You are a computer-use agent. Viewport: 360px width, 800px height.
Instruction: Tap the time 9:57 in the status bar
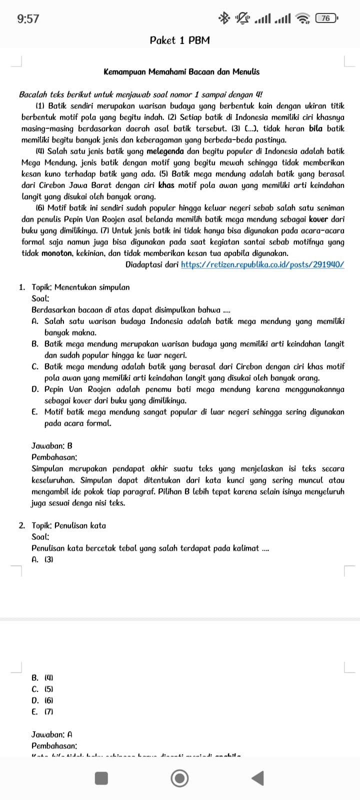click(x=28, y=19)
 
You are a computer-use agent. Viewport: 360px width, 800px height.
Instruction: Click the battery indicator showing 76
click(x=325, y=19)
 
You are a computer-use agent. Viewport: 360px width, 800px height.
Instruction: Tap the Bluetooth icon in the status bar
click(x=223, y=19)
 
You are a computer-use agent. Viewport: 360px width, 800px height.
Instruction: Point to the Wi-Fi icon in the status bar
click(x=302, y=19)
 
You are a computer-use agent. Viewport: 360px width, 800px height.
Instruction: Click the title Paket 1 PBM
click(x=180, y=40)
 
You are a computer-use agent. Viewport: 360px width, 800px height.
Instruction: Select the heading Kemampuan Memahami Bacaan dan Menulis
click(x=181, y=72)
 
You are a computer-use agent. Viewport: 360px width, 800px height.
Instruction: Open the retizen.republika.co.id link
click(x=262, y=264)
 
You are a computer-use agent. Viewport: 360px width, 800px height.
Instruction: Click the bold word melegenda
click(x=165, y=151)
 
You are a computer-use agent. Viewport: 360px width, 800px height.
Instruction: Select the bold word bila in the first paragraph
click(x=315, y=128)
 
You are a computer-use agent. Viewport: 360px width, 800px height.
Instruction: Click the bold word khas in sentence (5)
click(x=166, y=185)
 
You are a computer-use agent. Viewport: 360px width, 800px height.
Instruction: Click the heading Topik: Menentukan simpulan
click(x=80, y=287)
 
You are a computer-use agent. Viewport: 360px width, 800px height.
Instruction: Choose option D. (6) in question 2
click(x=42, y=700)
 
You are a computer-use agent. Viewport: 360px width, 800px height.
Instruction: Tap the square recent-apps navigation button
click(x=102, y=778)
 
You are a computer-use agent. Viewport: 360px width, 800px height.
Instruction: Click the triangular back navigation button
click(x=257, y=778)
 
